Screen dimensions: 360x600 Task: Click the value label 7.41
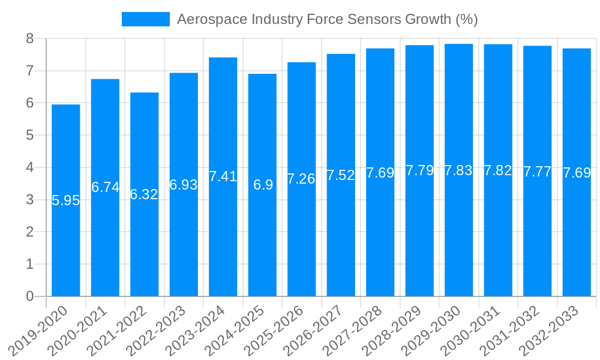pyautogui.click(x=223, y=176)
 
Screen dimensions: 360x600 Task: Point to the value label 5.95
pyautogui.click(x=66, y=200)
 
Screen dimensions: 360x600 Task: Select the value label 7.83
pyautogui.click(x=459, y=170)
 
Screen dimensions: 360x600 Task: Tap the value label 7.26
pyautogui.click(x=302, y=179)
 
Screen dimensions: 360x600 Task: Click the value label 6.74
pyautogui.click(x=106, y=187)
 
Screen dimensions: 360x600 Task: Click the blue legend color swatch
pyautogui.click(x=146, y=19)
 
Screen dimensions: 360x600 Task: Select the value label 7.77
pyautogui.click(x=538, y=172)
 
